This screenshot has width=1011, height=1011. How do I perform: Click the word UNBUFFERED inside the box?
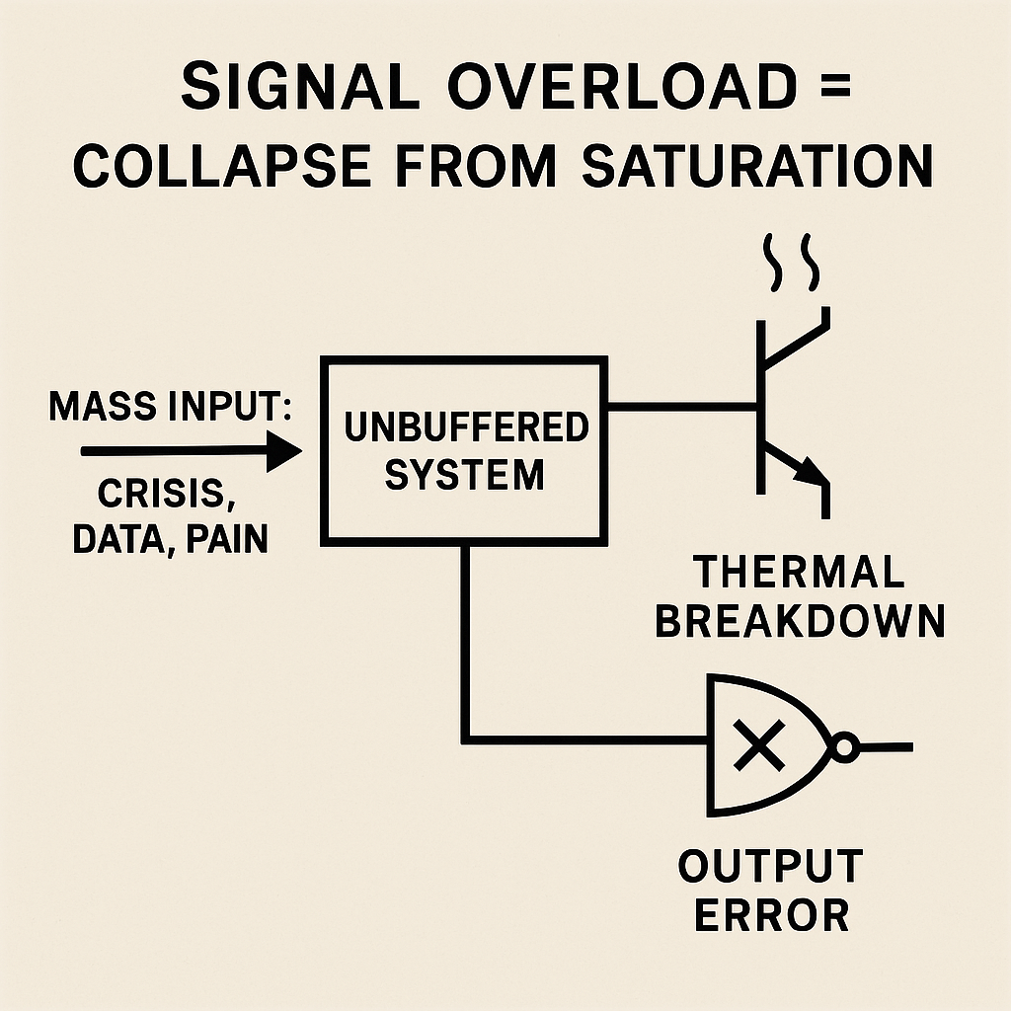[465, 428]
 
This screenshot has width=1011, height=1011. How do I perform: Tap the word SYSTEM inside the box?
[464, 475]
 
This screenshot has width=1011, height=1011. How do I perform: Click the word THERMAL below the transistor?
[799, 573]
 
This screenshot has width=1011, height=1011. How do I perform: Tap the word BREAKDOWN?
[801, 621]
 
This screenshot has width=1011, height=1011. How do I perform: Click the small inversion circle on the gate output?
[845, 746]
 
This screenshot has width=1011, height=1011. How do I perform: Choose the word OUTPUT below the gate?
[770, 867]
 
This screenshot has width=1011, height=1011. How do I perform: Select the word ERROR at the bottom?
[771, 915]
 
